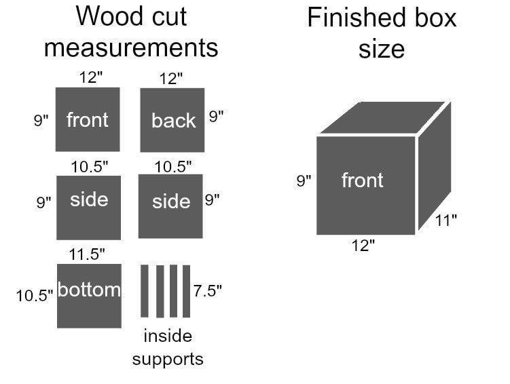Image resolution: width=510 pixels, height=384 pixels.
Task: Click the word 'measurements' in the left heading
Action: pyautogui.click(x=131, y=47)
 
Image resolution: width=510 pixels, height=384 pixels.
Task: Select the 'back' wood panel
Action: pyautogui.click(x=172, y=120)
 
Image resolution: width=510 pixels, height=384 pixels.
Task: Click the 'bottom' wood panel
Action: pyautogui.click(x=89, y=296)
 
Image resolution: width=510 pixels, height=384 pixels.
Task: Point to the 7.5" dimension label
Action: pyautogui.click(x=208, y=290)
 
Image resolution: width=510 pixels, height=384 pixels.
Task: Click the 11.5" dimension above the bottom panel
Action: pyautogui.click(x=87, y=254)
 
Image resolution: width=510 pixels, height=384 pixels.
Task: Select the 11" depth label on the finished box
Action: pyautogui.click(x=446, y=220)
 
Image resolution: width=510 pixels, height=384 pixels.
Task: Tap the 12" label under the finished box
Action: pyautogui.click(x=363, y=246)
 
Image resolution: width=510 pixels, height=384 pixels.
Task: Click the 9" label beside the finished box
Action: pyautogui.click(x=304, y=180)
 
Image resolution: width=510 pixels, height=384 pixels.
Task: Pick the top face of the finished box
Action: pyautogui.click(x=382, y=117)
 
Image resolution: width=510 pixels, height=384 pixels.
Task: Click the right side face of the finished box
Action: pyautogui.click(x=435, y=166)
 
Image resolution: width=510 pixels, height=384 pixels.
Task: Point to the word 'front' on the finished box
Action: pyautogui.click(x=363, y=180)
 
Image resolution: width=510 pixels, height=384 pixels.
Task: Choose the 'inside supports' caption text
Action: pyautogui.click(x=168, y=347)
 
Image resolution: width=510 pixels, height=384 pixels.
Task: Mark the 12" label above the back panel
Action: pyautogui.click(x=171, y=79)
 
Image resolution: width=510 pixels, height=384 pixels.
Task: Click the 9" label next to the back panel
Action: pyautogui.click(x=217, y=116)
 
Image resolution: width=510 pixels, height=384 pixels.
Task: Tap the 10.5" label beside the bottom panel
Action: pyautogui.click(x=35, y=296)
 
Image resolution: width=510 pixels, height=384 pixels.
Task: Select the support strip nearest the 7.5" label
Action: pyautogui.click(x=186, y=291)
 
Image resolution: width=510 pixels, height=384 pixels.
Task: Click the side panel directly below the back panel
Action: pyautogui.click(x=170, y=207)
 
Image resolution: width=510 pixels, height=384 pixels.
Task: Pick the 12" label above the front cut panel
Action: pyautogui.click(x=91, y=77)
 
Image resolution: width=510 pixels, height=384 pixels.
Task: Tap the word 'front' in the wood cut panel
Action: pyautogui.click(x=87, y=120)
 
